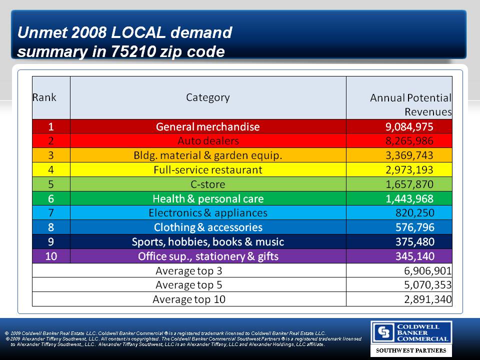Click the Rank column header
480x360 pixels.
[44, 97]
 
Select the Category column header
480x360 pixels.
[208, 97]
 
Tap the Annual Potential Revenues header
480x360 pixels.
[410, 104]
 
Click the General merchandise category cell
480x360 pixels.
[208, 127]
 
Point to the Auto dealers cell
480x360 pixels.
[208, 141]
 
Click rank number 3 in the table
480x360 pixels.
[51, 155]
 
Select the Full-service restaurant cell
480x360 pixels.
[208, 170]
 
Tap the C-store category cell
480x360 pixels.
[208, 184]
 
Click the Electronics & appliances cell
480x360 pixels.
[208, 213]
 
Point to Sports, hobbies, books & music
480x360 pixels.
[208, 242]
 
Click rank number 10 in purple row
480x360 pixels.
[51, 256]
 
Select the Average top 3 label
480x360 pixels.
[188, 271]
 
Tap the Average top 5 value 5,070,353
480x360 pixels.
[427, 285]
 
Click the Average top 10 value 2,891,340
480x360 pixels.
[427, 300]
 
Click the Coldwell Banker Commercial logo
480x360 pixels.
[410, 332]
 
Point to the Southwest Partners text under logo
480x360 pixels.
[410, 350]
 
